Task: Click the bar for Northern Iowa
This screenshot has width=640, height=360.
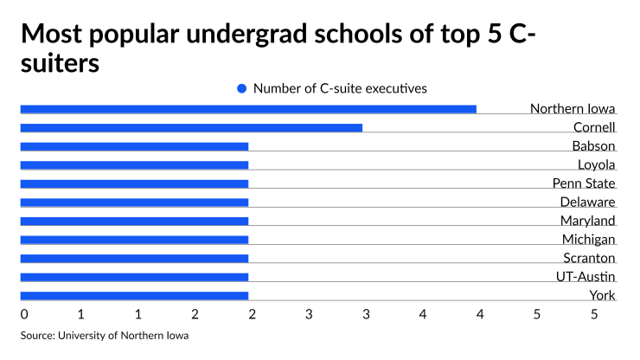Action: point(248,109)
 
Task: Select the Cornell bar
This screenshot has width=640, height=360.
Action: point(191,128)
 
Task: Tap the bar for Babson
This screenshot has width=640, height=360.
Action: point(134,146)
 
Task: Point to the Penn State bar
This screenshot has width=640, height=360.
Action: point(134,183)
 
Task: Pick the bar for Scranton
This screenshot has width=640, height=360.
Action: point(134,258)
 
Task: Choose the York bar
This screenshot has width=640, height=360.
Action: point(134,295)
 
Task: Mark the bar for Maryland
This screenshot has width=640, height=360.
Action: point(134,221)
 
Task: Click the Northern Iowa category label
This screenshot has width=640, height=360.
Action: point(572,109)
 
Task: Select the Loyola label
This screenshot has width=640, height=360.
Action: point(596,164)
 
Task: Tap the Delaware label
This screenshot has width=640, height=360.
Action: point(587,202)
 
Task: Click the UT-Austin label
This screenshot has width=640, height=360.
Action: point(585,276)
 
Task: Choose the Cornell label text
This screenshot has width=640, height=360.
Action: point(594,127)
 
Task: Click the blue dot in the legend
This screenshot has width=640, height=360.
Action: point(242,88)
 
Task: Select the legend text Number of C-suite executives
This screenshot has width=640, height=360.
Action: point(340,88)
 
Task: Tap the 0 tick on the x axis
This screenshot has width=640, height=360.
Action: point(24,313)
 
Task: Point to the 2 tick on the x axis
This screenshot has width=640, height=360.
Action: point(195,313)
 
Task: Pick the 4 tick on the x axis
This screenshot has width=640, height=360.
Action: point(423,313)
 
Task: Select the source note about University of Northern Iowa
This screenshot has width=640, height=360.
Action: point(105,335)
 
